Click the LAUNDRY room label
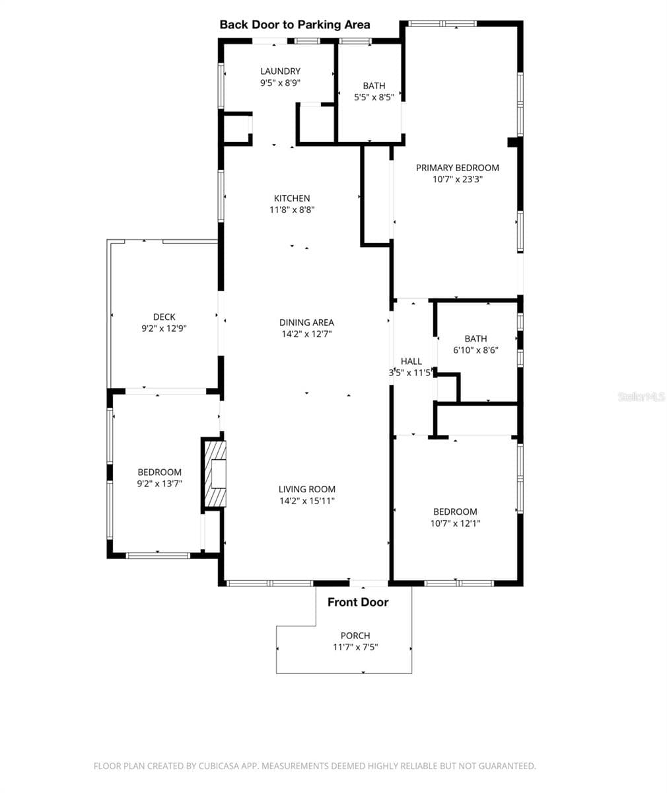point(280,71)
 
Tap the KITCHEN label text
point(292,198)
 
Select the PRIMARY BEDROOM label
point(458,168)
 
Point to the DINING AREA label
point(306,322)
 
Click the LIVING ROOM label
point(306,489)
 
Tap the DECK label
point(164,317)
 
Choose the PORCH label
point(355,635)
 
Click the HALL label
point(411,361)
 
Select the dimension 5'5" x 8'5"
point(374,97)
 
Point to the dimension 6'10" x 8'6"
point(475,350)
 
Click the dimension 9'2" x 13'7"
point(159,484)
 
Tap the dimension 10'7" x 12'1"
point(455,523)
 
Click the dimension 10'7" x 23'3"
point(458,179)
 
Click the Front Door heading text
point(358,602)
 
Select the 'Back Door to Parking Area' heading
point(295,24)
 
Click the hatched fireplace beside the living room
point(215,473)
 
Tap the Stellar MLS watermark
point(641,397)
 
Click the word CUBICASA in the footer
point(219,766)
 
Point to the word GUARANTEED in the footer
point(507,766)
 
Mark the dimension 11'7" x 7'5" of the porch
point(355,647)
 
